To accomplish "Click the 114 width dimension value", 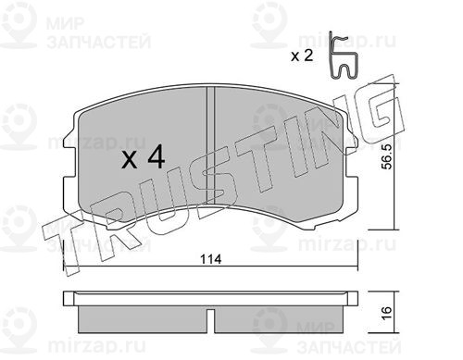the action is [211, 259].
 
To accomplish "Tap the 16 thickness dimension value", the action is [386, 313].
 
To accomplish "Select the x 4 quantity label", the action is [144, 158].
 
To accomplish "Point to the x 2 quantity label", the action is [302, 56].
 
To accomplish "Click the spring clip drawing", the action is [344, 55].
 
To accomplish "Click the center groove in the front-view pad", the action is [210, 145].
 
